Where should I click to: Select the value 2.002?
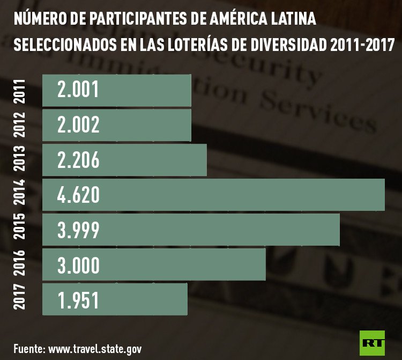point(78,125)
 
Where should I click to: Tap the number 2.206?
point(78,160)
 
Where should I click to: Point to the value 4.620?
point(78,195)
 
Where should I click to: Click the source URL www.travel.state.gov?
point(95,348)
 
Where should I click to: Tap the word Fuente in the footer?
point(28,348)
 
